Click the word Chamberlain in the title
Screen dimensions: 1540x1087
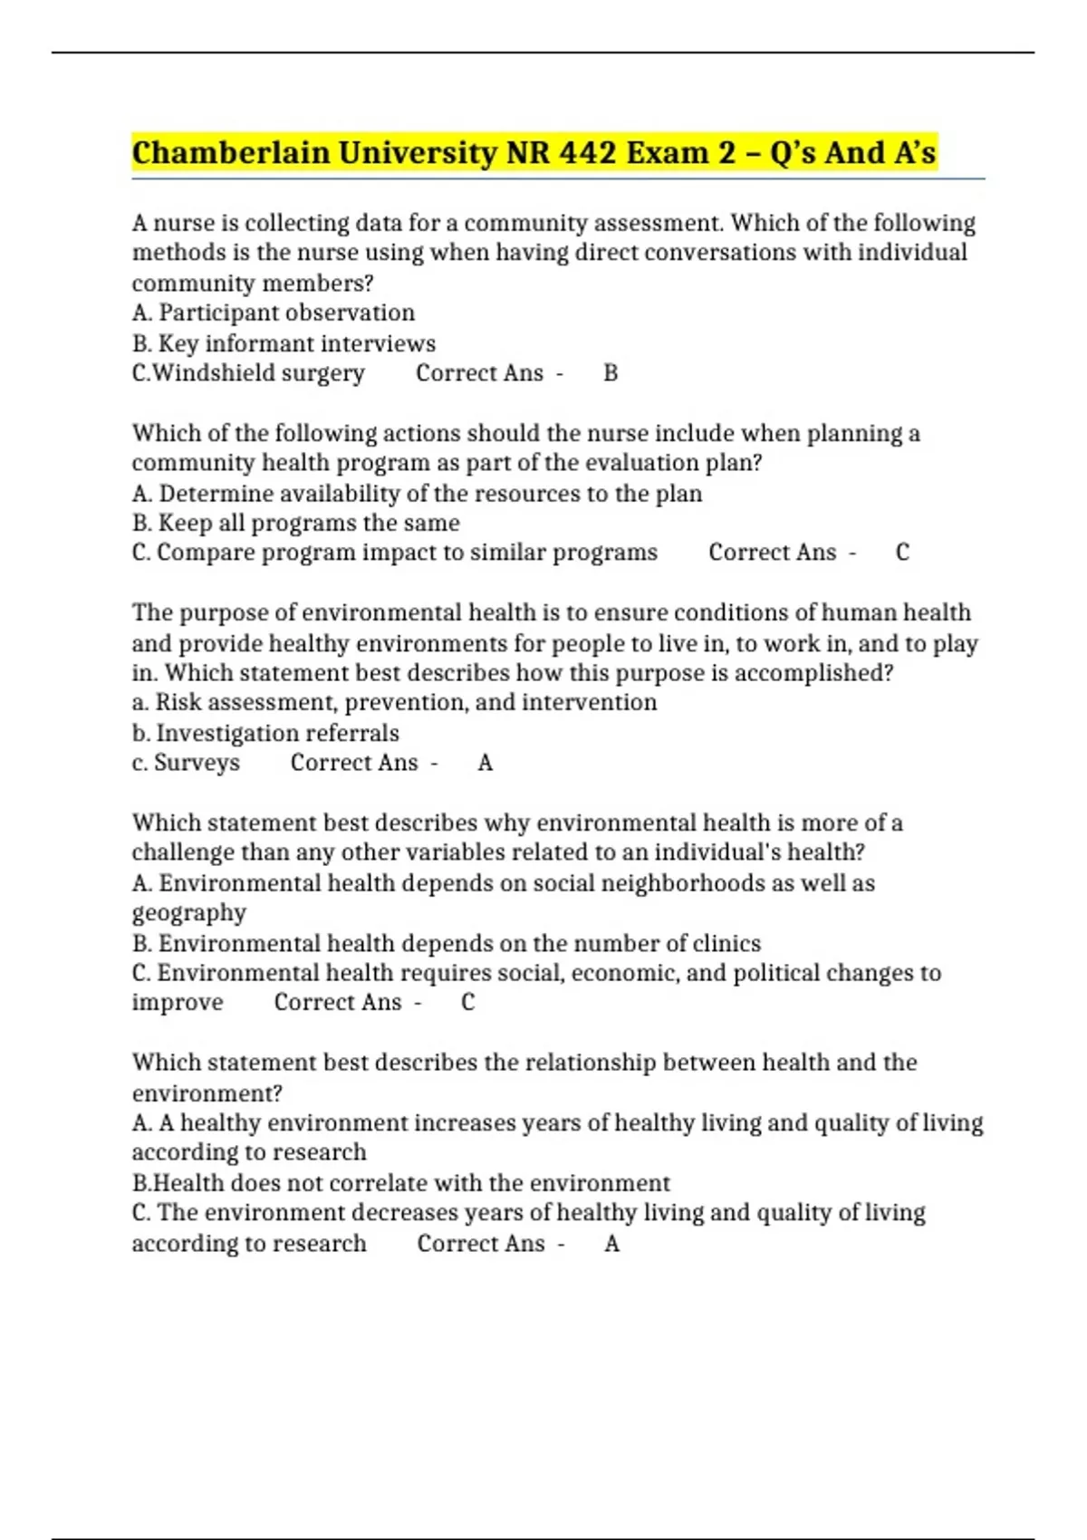(230, 152)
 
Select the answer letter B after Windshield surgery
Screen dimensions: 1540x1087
(611, 373)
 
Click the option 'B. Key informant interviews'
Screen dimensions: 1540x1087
(284, 343)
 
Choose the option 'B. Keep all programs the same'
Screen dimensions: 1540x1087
(295, 523)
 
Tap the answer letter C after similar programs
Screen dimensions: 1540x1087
(902, 553)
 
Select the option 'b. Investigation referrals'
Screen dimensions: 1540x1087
(265, 733)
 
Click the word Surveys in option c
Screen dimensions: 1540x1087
(197, 763)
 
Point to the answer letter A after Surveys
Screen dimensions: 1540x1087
(486, 763)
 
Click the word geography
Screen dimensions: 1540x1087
(188, 912)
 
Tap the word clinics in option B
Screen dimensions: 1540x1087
(726, 943)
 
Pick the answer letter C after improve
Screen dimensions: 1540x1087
(467, 1002)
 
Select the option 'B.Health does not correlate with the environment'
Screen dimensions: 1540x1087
(400, 1183)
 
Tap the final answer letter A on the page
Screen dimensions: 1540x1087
(612, 1244)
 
